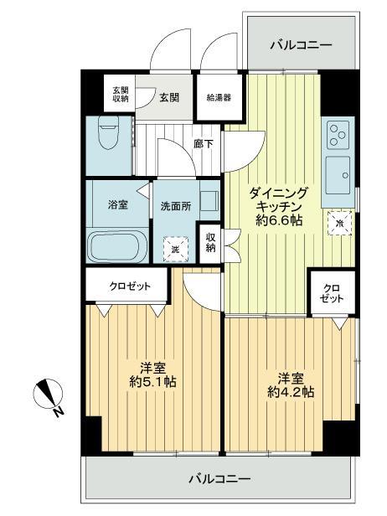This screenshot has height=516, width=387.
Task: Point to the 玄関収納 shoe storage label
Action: (x=121, y=94)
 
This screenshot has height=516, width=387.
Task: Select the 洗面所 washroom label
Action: (x=177, y=206)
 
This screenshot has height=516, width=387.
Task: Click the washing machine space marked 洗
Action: (x=176, y=248)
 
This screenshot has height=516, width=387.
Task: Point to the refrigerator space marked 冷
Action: (x=339, y=222)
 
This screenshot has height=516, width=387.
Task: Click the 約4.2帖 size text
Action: (x=290, y=390)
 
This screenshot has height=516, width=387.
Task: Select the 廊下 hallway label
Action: (x=203, y=144)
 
